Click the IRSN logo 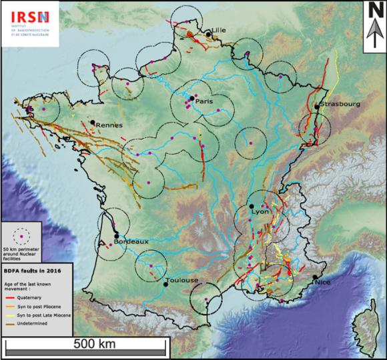point(29,23)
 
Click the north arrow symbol point(372,27)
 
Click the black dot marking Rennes point(92,122)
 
